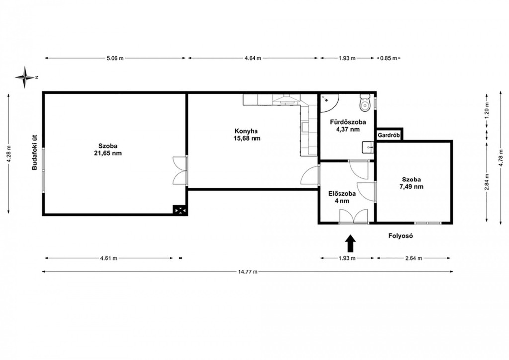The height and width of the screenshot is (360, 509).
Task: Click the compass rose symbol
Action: click(x=25, y=77)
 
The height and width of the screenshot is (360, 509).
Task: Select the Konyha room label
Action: click(x=246, y=131)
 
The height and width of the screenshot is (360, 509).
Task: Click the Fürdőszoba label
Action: click(x=347, y=122)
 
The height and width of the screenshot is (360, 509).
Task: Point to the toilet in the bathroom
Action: click(x=365, y=102)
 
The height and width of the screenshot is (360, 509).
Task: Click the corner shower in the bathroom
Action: click(x=329, y=102)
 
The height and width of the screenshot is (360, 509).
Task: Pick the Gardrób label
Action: click(x=389, y=135)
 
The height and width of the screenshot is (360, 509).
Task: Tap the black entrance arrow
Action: click(x=350, y=244)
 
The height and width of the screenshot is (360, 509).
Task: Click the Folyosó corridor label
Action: click(x=401, y=236)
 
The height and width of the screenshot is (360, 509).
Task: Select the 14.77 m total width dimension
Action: click(x=248, y=272)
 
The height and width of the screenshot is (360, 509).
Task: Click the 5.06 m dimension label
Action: click(x=115, y=58)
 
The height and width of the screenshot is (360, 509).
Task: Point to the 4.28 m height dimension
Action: click(x=9, y=154)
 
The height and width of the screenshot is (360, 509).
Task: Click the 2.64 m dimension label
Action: click(x=413, y=258)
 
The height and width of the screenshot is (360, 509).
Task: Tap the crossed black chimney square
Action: click(x=179, y=210)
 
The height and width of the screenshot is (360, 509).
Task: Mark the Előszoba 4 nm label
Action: click(x=342, y=197)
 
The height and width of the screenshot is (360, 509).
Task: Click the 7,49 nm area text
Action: click(x=411, y=186)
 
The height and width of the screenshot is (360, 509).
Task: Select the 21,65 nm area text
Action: click(x=108, y=153)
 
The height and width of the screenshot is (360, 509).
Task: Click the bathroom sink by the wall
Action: click(x=368, y=147)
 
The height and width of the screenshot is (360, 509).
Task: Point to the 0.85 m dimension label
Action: click(x=389, y=58)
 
